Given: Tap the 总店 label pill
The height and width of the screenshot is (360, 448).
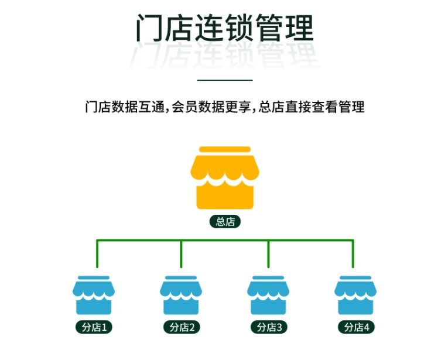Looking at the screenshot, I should click(225, 222).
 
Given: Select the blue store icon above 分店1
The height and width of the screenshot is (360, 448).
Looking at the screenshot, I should click(94, 296).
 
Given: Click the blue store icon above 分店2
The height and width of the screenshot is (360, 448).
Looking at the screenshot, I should click(181, 296).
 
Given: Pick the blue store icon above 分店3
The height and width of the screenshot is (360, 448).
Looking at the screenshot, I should click(268, 296).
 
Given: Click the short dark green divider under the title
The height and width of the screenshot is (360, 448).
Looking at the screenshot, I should click(224, 80).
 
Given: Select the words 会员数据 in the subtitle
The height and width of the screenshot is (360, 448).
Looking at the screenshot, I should click(199, 107).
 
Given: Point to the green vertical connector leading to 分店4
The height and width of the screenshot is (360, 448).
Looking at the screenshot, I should click(353, 253).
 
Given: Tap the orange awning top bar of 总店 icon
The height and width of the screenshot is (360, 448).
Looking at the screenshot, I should click(224, 149).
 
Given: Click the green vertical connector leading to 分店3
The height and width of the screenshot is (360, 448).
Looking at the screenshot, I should click(268, 253).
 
